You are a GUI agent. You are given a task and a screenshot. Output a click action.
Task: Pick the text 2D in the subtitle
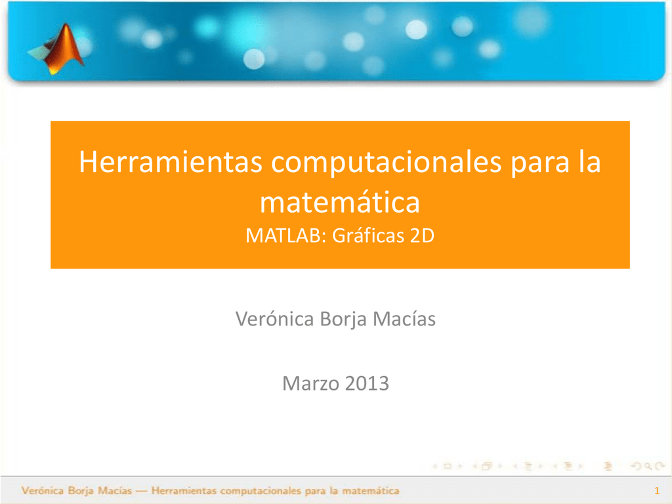pos(422,236)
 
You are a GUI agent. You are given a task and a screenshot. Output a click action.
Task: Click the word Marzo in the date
pos(306,383)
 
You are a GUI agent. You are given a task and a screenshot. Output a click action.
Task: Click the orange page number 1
pos(656,492)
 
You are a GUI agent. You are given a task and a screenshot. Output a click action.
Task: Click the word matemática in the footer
pos(371,491)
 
